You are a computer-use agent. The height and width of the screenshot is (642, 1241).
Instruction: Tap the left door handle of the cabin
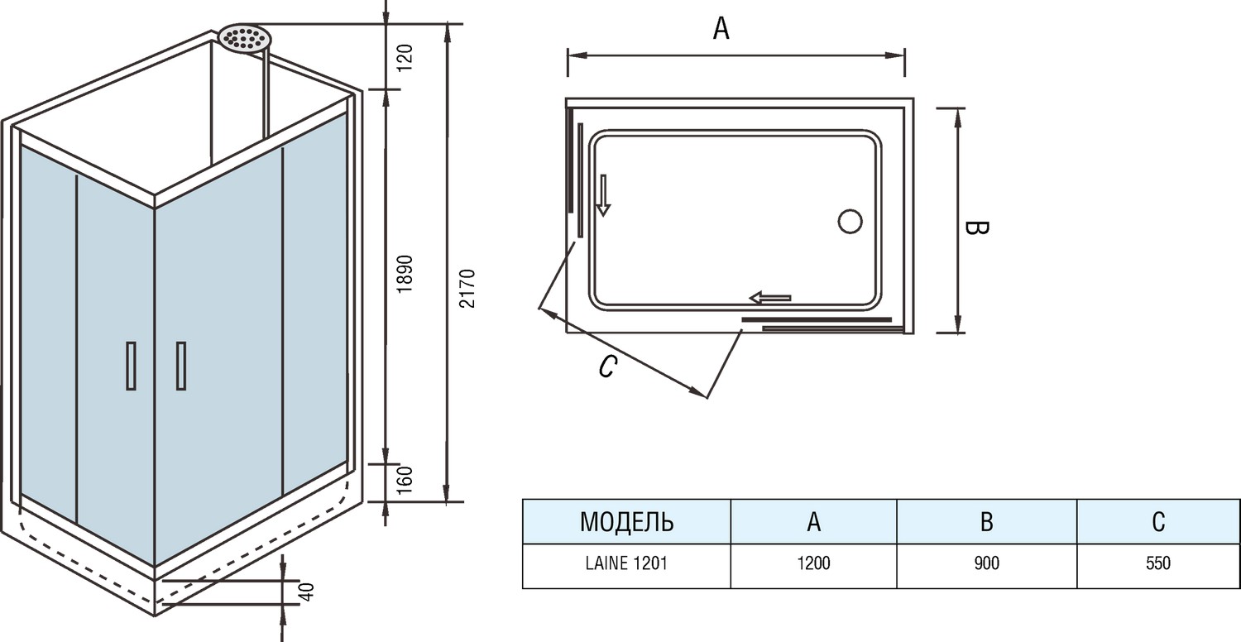(131, 365)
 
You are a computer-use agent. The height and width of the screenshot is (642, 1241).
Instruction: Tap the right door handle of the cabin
(180, 365)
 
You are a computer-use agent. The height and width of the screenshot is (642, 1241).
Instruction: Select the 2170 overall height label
(467, 289)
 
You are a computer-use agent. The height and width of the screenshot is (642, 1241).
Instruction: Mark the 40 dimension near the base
(306, 592)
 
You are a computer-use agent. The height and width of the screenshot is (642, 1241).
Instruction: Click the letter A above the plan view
(721, 29)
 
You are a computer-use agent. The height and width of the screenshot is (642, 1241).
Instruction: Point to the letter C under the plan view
(606, 367)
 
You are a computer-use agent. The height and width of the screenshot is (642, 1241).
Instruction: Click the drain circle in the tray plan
(850, 222)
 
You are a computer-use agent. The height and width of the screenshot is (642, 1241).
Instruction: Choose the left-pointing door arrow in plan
(770, 297)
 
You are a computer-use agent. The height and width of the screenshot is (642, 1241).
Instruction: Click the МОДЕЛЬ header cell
(626, 522)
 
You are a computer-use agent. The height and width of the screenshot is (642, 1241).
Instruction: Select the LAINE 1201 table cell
(626, 564)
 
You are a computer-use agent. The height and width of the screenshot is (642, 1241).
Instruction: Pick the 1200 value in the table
(813, 564)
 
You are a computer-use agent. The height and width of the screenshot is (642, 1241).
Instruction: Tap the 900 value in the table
(986, 564)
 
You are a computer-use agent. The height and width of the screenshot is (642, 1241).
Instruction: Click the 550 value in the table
(1158, 564)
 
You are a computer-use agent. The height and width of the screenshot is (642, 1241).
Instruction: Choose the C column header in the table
(1158, 522)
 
